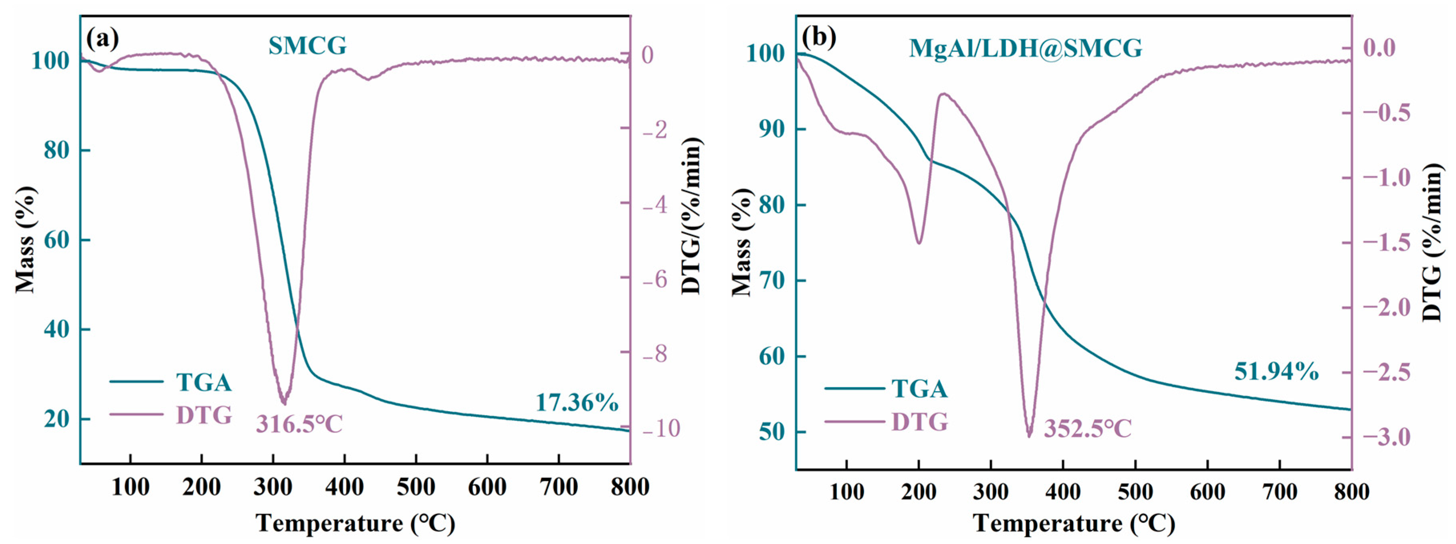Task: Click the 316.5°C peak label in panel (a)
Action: [x=299, y=424]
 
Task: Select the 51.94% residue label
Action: [x=1276, y=372]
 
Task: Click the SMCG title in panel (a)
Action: [x=307, y=46]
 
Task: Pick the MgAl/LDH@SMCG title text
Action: [x=1025, y=48]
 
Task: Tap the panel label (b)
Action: [x=819, y=37]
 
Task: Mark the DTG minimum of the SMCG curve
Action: [x=284, y=402]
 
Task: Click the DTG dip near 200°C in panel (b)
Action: [x=919, y=243]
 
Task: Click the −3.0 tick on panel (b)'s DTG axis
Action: [x=1387, y=437]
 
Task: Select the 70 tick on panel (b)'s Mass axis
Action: [x=772, y=281]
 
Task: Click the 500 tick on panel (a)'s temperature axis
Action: [x=416, y=487]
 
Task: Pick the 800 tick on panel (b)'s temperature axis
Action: [x=1351, y=492]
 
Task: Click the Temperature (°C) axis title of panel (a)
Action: [x=355, y=523]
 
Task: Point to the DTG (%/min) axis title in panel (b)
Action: [x=1433, y=243]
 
